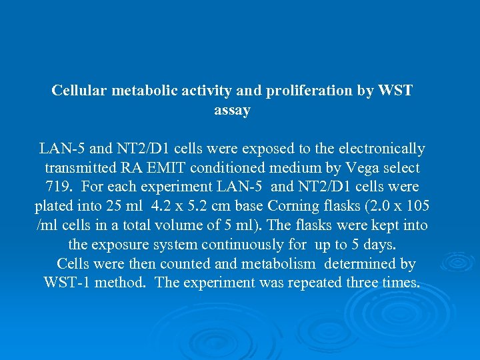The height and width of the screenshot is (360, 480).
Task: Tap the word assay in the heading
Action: tap(232, 110)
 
